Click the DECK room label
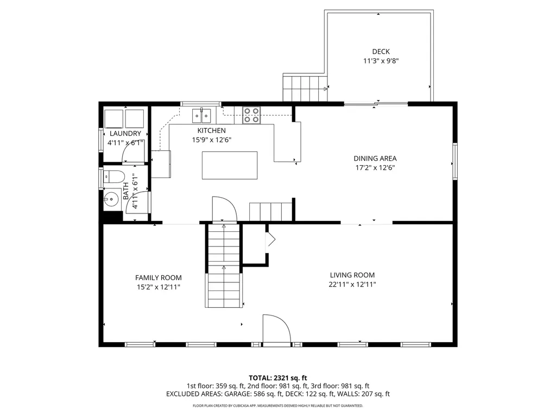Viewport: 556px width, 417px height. pyautogui.click(x=381, y=52)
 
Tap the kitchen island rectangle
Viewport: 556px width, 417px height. pyautogui.click(x=230, y=166)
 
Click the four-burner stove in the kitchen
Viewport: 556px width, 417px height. pyautogui.click(x=251, y=115)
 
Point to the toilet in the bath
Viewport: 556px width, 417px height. pyautogui.click(x=113, y=176)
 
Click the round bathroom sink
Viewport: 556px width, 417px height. pyautogui.click(x=112, y=199)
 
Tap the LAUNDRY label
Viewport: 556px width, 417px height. pyautogui.click(x=125, y=134)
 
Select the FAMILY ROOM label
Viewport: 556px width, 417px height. pyautogui.click(x=159, y=277)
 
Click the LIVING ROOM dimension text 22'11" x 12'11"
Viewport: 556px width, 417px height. pyautogui.click(x=352, y=285)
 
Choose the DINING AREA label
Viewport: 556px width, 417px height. pyautogui.click(x=375, y=159)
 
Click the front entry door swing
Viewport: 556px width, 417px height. pyautogui.click(x=276, y=328)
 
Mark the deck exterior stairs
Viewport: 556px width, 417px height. pyautogui.click(x=305, y=88)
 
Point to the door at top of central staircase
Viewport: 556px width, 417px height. pyautogui.click(x=224, y=208)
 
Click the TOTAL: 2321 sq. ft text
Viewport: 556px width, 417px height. pyautogui.click(x=278, y=377)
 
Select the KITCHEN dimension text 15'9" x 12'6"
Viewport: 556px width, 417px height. pyautogui.click(x=211, y=140)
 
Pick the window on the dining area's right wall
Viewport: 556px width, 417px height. pyautogui.click(x=454, y=163)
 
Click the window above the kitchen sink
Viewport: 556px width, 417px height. pyautogui.click(x=201, y=103)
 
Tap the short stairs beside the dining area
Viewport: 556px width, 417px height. pyautogui.click(x=270, y=211)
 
